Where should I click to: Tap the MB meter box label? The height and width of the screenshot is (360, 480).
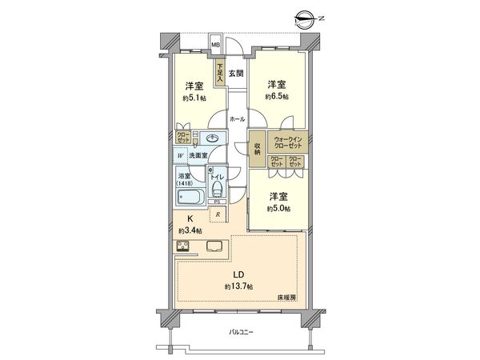coord(216,45)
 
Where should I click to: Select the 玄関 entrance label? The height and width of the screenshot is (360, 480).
coord(236,74)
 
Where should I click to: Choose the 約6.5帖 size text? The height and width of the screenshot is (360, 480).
coord(277,97)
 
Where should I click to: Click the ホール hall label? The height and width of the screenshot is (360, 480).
coord(238,118)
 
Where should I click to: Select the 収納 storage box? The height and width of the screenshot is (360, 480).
coord(257,148)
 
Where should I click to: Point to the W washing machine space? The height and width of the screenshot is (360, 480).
coord(181,155)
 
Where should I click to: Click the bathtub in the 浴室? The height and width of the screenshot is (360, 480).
coord(190,198)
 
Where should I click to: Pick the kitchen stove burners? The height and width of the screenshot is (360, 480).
coord(182,246)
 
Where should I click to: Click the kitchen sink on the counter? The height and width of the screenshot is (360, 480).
coord(215,246)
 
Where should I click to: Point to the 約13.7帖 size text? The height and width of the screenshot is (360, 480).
coord(238,286)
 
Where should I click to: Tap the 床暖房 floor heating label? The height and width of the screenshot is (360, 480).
coord(287,298)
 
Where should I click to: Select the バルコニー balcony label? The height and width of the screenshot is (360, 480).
coord(241,330)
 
